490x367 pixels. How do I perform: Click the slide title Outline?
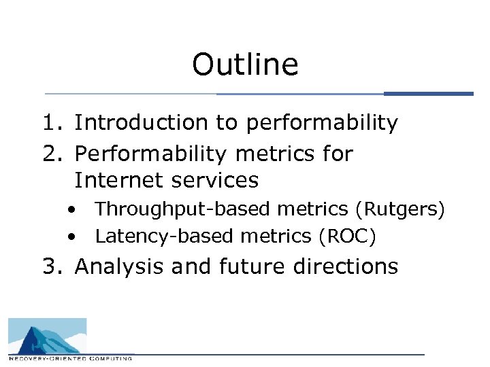point(245,65)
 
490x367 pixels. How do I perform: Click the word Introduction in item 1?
point(133,123)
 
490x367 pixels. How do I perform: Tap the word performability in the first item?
point(322,123)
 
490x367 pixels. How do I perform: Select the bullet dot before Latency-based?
point(71,237)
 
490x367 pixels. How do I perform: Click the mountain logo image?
point(48,336)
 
